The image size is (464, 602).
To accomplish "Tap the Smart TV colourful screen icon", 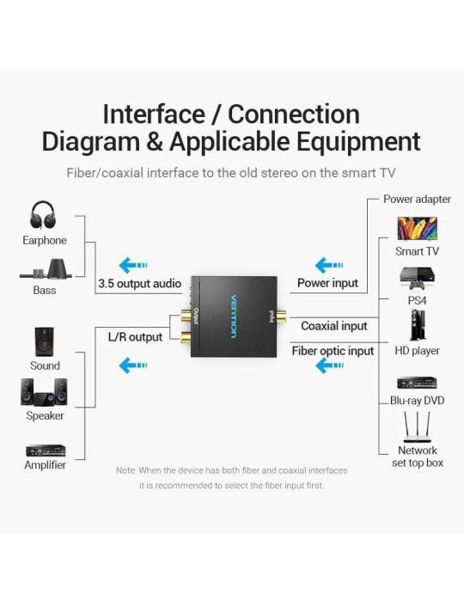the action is coord(418,229).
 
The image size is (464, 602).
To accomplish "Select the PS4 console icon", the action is coord(418,279).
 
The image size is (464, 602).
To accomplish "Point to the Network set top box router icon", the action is coord(418,427).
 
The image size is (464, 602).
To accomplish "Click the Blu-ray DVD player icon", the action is coord(418,383).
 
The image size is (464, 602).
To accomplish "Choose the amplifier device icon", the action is coord(46,451).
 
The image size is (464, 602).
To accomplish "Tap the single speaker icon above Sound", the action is coord(45,341).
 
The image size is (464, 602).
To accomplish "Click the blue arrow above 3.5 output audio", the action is coord(133,265).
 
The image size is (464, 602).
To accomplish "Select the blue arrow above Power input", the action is coord(329,265).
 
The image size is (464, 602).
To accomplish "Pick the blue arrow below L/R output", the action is coord(133,365).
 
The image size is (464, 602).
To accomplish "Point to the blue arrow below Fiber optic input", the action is coord(329,365).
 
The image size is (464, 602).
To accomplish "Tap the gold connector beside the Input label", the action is coord(282,316).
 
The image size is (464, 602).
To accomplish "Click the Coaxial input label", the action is coord(334,326).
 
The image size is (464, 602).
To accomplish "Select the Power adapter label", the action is coord(418,199).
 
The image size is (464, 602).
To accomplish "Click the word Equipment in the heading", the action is coord(358,142).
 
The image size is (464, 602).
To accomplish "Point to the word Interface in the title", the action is coord(154,114).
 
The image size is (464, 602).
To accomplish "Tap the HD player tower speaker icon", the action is coord(418,325).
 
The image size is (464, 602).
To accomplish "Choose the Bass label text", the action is coord(45,290).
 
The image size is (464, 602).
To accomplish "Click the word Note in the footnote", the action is coord(125,470).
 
